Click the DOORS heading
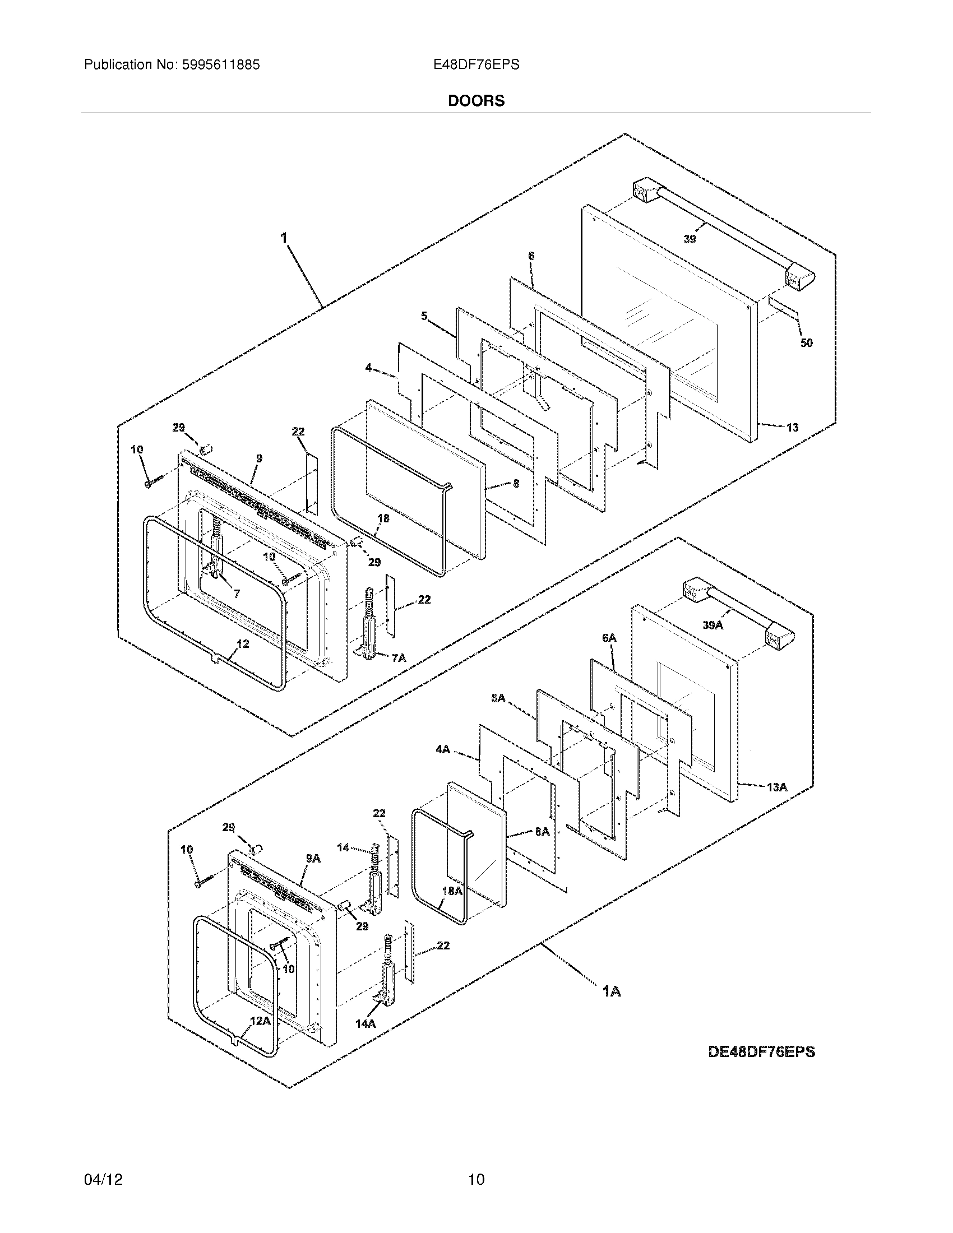coord(476,101)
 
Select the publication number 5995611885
coord(221,65)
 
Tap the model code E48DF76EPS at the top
coord(476,65)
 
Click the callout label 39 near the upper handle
coord(690,239)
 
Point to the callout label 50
coord(806,342)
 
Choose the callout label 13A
coord(777,787)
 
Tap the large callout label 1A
coord(612,991)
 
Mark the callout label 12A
coord(260,1021)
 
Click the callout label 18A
coord(452,891)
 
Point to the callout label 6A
coord(609,638)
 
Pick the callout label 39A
coord(713,625)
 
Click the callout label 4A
coord(443,749)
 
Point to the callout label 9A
coord(313,859)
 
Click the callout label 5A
coord(498,698)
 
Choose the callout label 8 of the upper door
coord(515,484)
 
